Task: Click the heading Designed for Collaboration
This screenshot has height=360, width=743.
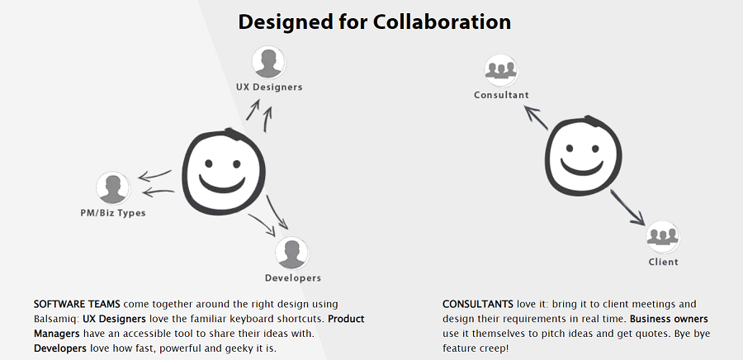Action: point(374,22)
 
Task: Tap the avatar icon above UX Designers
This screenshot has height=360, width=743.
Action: point(268,62)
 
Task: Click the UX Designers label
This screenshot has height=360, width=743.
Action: point(269,88)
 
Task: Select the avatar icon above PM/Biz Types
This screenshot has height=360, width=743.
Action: point(113,188)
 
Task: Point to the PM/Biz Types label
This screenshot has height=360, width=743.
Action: point(113,213)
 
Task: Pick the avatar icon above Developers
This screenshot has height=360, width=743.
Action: point(292,253)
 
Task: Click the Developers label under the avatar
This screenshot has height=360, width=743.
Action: point(293,278)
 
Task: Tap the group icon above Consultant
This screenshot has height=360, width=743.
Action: point(501,70)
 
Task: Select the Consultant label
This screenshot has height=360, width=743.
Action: point(501,95)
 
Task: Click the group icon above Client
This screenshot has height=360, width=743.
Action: point(663,237)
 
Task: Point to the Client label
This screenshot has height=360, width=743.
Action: point(664,262)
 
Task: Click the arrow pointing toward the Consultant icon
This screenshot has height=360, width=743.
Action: point(537,117)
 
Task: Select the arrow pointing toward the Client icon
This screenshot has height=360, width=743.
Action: point(627,207)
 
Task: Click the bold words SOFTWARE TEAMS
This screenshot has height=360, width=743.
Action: point(77,304)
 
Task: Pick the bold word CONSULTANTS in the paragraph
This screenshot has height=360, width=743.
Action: point(478,304)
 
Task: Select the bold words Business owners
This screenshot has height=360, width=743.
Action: point(669,319)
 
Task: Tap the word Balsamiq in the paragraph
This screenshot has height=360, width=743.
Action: point(52,319)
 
